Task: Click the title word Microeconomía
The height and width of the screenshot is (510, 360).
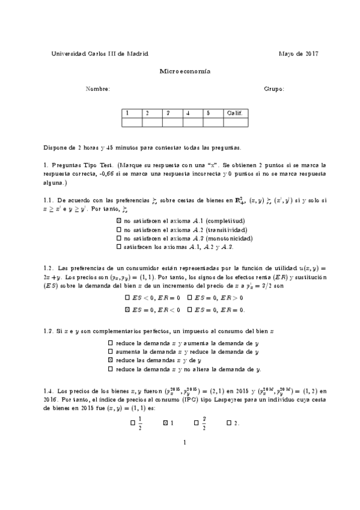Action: pyautogui.click(x=180, y=71)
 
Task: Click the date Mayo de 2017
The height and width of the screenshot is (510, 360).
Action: pyautogui.click(x=299, y=54)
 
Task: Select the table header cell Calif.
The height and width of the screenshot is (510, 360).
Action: pyautogui.click(x=235, y=112)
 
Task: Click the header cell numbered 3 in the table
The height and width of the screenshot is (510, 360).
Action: pyautogui.click(x=172, y=112)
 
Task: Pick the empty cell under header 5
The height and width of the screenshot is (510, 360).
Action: pyautogui.click(x=213, y=123)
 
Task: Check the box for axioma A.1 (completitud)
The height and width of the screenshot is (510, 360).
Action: pyautogui.click(x=118, y=221)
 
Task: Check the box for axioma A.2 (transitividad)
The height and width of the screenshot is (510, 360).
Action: pyautogui.click(x=118, y=229)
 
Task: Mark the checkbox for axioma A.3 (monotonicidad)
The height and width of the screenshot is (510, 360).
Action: pyautogui.click(x=118, y=238)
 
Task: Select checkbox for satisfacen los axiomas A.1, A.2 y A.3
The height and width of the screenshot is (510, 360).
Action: pyautogui.click(x=118, y=247)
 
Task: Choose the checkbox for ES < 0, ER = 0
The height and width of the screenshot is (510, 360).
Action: pyautogui.click(x=127, y=297)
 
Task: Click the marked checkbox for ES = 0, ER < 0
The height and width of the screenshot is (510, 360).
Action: pyautogui.click(x=127, y=310)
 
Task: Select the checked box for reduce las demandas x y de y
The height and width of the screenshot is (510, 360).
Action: pyautogui.click(x=111, y=360)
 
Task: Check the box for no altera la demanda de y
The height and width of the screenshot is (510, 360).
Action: pyautogui.click(x=111, y=368)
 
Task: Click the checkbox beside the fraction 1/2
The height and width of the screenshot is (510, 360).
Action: pyautogui.click(x=133, y=423)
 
